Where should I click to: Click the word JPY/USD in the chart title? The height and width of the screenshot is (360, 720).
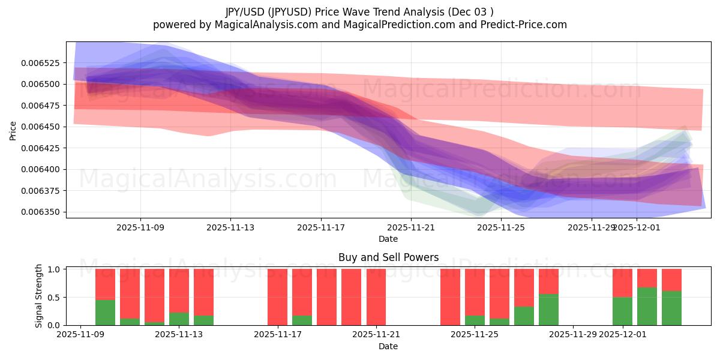click(247, 12)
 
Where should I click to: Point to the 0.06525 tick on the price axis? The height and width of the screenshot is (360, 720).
click(46, 63)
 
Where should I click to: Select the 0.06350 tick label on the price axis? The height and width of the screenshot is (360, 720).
click(46, 212)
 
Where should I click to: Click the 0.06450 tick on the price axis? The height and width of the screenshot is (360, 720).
click(46, 127)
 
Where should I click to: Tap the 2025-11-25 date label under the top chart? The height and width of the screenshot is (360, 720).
click(501, 227)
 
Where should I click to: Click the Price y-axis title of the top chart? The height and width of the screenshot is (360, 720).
click(13, 130)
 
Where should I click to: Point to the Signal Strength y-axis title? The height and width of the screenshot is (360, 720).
click(39, 296)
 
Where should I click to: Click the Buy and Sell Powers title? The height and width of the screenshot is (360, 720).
click(388, 257)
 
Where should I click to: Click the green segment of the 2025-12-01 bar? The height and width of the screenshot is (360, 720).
click(622, 311)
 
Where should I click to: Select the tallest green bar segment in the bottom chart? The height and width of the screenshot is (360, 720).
click(647, 307)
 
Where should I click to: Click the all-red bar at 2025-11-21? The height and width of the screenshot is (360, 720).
click(376, 297)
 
